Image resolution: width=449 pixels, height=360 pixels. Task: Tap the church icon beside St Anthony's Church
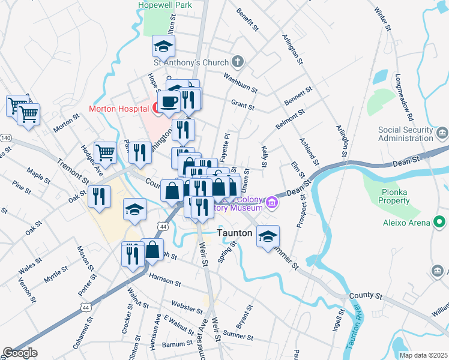(238, 62)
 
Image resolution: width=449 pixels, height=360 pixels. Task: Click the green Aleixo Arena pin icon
(440, 223)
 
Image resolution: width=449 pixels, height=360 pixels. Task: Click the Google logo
(20, 353)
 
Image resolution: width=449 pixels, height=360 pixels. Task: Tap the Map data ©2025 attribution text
(423, 355)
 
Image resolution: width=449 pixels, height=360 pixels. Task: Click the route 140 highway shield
(5, 138)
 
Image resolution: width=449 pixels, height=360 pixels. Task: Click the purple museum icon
(272, 202)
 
